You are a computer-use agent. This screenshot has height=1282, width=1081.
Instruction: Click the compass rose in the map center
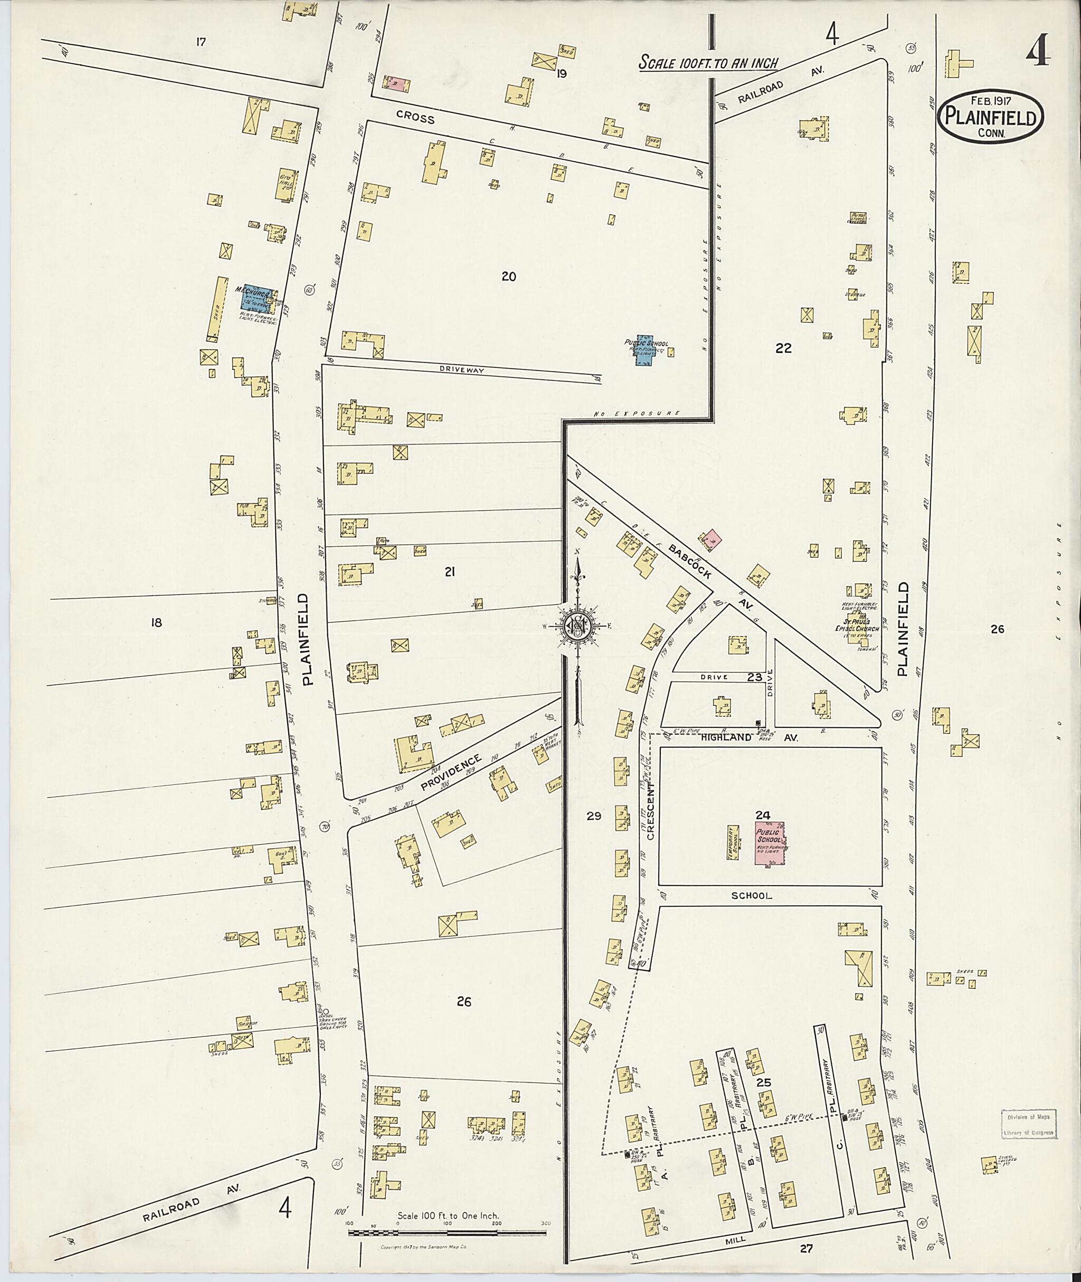pyautogui.click(x=576, y=625)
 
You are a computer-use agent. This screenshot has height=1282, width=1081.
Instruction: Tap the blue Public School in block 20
pyautogui.click(x=644, y=350)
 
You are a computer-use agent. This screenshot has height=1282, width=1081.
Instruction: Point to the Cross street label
pyautogui.click(x=415, y=117)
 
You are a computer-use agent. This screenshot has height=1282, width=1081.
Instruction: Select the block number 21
pyautogui.click(x=450, y=572)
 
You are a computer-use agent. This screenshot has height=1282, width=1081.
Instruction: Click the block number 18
pyautogui.click(x=156, y=622)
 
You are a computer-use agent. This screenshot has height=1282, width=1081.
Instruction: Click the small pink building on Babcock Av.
pyautogui.click(x=712, y=540)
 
